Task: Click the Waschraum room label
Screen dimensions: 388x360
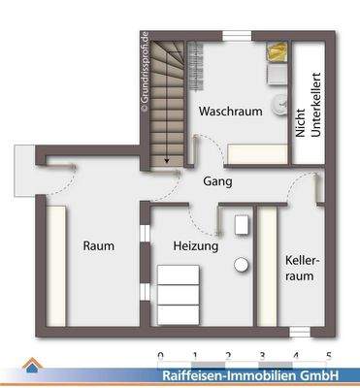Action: click(x=231, y=113)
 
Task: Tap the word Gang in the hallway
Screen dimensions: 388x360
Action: click(x=216, y=181)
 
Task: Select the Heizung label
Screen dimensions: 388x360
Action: click(x=195, y=246)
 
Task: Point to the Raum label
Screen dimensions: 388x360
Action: click(x=98, y=246)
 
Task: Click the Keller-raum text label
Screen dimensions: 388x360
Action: click(x=300, y=269)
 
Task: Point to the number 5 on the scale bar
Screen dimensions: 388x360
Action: click(x=328, y=356)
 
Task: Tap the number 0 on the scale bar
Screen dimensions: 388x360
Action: click(x=159, y=356)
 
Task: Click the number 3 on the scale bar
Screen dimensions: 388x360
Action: click(x=261, y=356)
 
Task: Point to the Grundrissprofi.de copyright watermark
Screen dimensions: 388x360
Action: click(x=144, y=74)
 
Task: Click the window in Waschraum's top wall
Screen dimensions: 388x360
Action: click(x=237, y=34)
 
